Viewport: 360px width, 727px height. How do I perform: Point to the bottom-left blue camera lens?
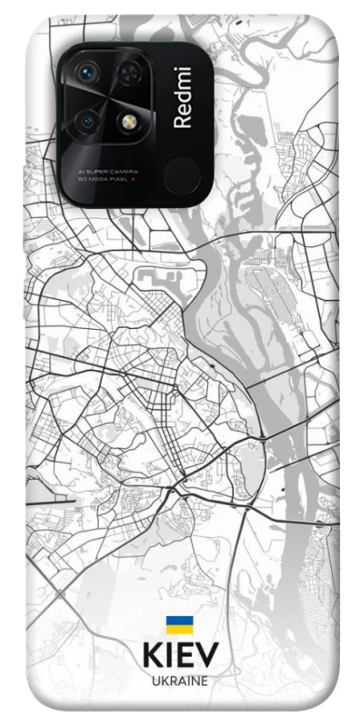click(x=87, y=119)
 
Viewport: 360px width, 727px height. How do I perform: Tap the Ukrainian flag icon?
click(x=179, y=623)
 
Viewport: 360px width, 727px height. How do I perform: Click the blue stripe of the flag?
click(x=179, y=620)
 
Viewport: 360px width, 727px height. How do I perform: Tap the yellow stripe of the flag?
click(x=179, y=628)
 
